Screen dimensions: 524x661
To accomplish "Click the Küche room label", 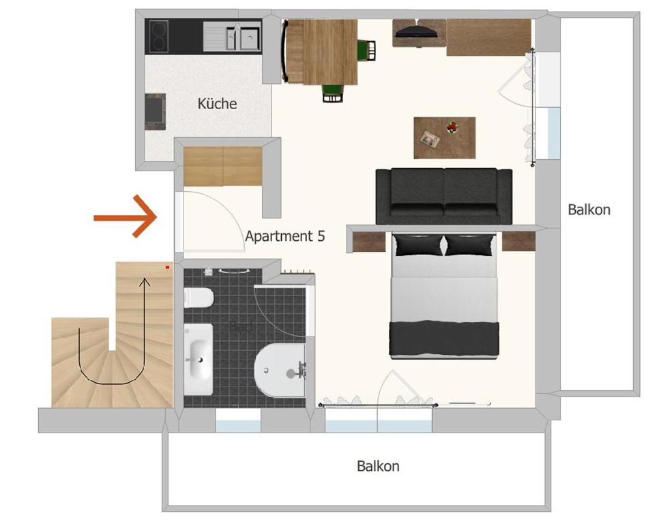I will tap(217, 104).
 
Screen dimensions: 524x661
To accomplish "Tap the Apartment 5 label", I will tap(284, 236).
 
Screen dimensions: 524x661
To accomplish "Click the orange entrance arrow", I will tap(126, 216).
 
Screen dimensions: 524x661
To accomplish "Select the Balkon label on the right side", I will tap(589, 209).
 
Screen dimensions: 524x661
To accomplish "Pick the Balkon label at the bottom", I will tap(378, 466).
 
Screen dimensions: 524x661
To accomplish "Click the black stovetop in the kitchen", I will tap(159, 36).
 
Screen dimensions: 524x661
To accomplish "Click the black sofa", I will tap(443, 196).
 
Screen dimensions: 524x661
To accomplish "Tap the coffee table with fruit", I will tap(444, 137).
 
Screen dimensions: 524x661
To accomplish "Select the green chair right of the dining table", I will tap(368, 50).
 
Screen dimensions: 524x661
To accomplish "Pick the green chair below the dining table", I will tap(332, 91).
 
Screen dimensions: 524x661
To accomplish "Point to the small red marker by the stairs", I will tap(167, 267).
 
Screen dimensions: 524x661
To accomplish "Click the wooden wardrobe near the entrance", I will tap(223, 166).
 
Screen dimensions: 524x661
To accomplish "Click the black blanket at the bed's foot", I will tap(443, 338).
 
